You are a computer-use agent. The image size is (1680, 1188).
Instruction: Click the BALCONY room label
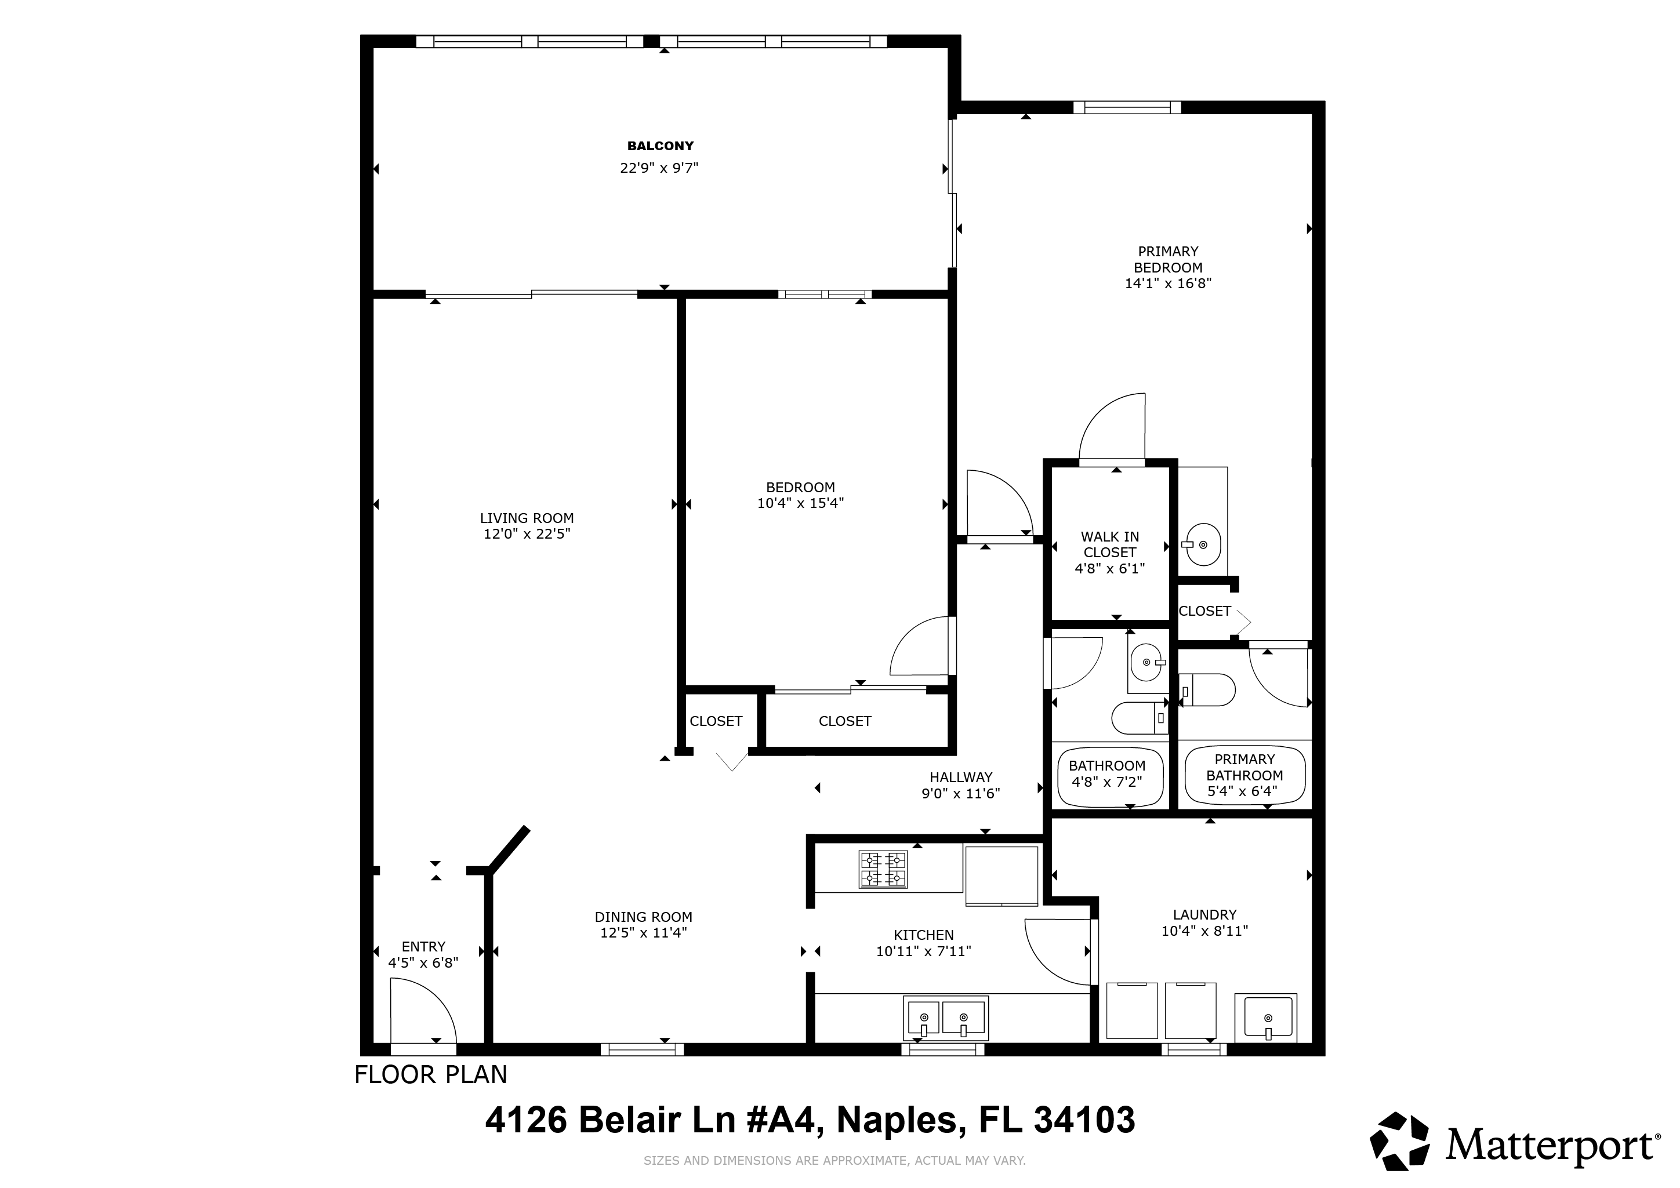[x=660, y=146]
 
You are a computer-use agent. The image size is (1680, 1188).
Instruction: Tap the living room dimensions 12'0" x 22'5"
[x=527, y=534]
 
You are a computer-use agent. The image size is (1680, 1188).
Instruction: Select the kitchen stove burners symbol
[x=883, y=869]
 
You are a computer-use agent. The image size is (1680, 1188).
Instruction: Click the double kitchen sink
[x=945, y=1017]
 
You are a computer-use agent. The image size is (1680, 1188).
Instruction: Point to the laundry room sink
[x=1266, y=1017]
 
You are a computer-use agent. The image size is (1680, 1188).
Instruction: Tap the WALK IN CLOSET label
[x=1110, y=545]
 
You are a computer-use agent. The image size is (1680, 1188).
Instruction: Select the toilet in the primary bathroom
[x=1207, y=690]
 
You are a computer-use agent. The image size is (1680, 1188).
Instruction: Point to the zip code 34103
[x=1084, y=1120]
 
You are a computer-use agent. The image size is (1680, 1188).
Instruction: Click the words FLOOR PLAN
[x=431, y=1074]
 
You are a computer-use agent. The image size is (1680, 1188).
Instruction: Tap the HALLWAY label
[x=961, y=778]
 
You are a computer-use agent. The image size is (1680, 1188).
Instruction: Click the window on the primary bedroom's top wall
[x=1127, y=107]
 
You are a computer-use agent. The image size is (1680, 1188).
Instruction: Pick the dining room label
[x=643, y=917]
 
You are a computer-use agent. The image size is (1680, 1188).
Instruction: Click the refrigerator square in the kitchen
[x=1002, y=875]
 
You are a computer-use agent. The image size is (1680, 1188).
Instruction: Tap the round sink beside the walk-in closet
[x=1203, y=544]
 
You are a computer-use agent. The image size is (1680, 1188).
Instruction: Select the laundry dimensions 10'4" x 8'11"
[x=1204, y=931]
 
